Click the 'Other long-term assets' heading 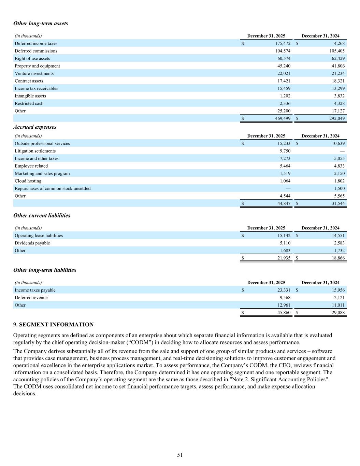tap(41, 24)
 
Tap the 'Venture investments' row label tap(34, 73)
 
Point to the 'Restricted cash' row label tap(29, 103)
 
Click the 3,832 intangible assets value tap(338, 96)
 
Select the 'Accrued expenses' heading tap(35, 127)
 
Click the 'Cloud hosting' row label tap(28, 181)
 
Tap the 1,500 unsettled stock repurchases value tap(339, 188)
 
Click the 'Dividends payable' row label tap(32, 243)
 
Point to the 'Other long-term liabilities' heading tap(45, 270)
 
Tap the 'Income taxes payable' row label tap(35, 290)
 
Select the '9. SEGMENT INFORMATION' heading tap(53, 325)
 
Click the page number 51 tap(180, 455)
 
